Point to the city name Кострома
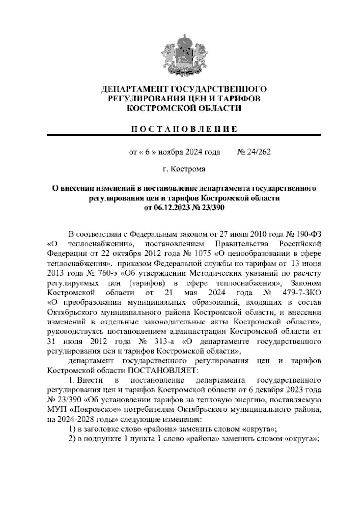(x=188, y=169)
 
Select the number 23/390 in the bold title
(x=213, y=207)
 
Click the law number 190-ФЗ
(x=308, y=234)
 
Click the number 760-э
(x=101, y=273)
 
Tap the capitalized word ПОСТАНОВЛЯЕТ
(x=163, y=370)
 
